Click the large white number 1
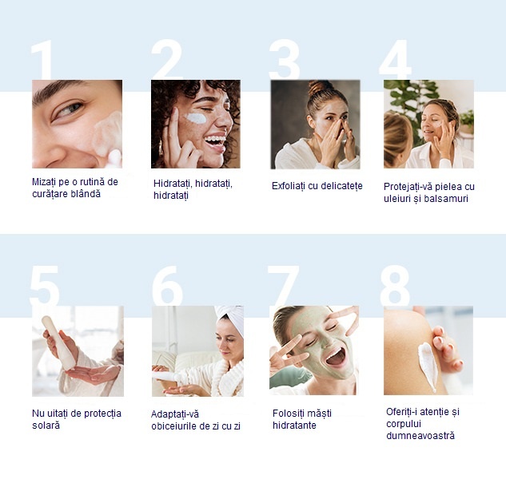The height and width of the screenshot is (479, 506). (x=43, y=61)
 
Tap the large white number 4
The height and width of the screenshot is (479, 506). (x=396, y=60)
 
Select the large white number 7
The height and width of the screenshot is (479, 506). (x=283, y=286)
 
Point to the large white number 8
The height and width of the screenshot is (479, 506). (x=395, y=286)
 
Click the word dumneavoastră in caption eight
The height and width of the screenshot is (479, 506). (x=420, y=436)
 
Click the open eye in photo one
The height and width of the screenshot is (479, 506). (x=69, y=109)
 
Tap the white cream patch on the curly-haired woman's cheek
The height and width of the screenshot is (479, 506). (x=196, y=118)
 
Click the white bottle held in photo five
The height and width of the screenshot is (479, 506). (x=58, y=343)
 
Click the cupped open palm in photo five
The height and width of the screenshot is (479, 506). (x=92, y=374)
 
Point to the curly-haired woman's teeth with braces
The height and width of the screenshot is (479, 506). (x=216, y=139)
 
